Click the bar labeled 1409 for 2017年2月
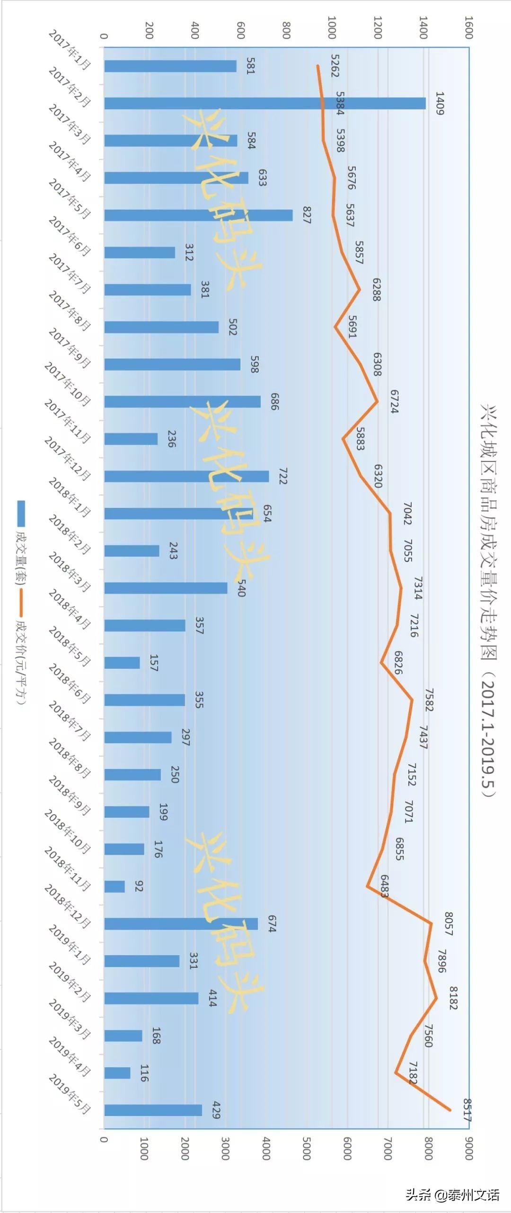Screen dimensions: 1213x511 click(x=265, y=103)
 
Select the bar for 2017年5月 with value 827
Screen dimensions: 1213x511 click(x=198, y=215)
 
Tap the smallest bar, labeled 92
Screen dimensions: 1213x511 click(x=115, y=886)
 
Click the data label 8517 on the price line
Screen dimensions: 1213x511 click(x=467, y=1110)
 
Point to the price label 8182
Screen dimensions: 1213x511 click(x=453, y=998)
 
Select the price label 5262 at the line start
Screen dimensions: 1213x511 click(x=335, y=66)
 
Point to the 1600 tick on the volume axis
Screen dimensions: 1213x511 click(x=468, y=27)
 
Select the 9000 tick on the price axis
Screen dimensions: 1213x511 click(x=468, y=1149)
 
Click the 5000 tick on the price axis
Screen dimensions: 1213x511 click(x=306, y=1149)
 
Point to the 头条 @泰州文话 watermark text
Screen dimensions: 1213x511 click(x=452, y=1191)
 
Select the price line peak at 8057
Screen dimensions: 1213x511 click(x=431, y=923)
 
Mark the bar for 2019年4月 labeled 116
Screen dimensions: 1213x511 click(x=117, y=1073)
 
